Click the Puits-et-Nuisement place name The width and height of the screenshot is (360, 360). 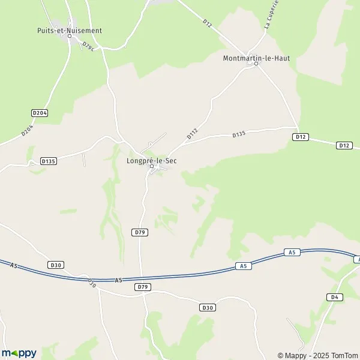click(x=68, y=30)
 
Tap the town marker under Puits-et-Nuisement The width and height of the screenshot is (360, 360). click(x=70, y=37)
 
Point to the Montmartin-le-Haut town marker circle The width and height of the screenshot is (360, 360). click(x=256, y=64)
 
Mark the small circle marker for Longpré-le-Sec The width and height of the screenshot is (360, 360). click(x=152, y=167)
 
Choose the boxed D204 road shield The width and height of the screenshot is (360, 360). click(x=39, y=112)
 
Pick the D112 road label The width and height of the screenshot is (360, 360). click(x=192, y=134)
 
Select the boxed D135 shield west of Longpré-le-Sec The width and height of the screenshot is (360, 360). click(x=48, y=161)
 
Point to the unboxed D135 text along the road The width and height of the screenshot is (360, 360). click(x=239, y=135)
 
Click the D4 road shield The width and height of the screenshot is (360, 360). click(x=334, y=297)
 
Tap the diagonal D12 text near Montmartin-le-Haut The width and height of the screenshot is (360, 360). click(x=208, y=23)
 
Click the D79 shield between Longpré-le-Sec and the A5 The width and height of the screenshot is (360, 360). click(x=139, y=232)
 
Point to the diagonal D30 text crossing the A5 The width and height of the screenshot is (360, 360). click(x=91, y=282)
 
